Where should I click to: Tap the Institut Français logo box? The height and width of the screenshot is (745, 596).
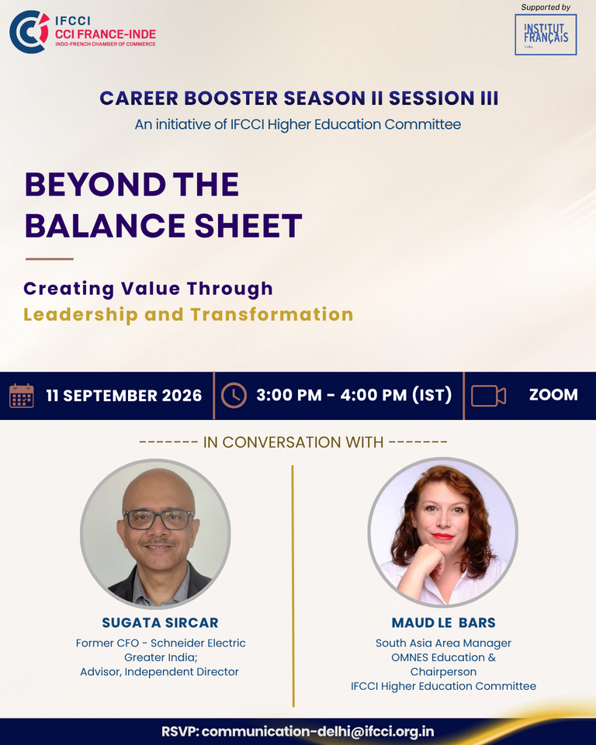click(x=546, y=35)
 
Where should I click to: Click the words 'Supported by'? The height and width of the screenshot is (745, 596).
click(x=546, y=7)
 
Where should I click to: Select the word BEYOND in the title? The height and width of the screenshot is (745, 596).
click(x=95, y=185)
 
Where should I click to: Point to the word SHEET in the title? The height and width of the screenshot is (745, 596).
click(x=248, y=226)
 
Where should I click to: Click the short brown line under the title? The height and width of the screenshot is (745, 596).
click(x=50, y=259)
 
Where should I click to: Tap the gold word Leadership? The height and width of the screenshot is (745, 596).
click(x=81, y=314)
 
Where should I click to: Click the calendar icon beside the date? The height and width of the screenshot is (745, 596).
click(x=22, y=396)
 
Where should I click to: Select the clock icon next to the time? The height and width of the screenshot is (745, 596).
click(x=234, y=395)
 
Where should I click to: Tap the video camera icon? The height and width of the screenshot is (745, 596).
click(x=488, y=396)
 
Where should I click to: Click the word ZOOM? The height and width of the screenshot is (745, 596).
click(x=553, y=395)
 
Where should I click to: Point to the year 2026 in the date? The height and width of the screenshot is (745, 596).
click(x=182, y=396)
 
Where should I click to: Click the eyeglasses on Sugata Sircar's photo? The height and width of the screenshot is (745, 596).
click(x=158, y=519)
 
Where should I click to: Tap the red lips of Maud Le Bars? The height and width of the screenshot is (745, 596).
click(x=442, y=537)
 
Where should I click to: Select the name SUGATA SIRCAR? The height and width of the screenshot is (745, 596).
click(x=160, y=622)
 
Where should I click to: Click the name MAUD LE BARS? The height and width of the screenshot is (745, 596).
click(x=443, y=622)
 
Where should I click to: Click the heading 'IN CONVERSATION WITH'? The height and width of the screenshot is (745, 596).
click(x=293, y=442)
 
